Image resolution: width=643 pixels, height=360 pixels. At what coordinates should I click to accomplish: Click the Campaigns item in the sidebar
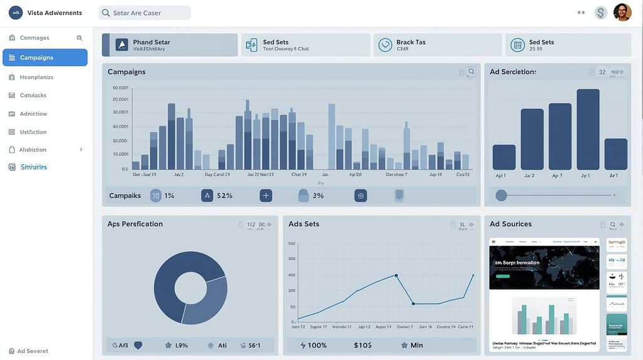tap(45, 57)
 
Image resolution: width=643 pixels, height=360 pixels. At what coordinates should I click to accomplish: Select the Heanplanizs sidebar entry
tap(36, 77)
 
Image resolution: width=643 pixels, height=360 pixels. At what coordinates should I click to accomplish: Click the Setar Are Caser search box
tap(145, 13)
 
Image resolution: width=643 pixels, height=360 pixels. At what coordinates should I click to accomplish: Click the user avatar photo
tap(622, 13)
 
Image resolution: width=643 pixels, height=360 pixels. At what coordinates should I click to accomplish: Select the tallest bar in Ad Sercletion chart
tap(588, 129)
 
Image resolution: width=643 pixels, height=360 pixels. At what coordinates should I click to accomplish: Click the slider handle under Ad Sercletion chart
tap(501, 195)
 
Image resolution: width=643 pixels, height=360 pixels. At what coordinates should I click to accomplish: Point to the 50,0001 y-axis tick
tap(120, 88)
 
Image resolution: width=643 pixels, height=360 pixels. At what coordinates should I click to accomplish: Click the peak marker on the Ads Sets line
tap(396, 275)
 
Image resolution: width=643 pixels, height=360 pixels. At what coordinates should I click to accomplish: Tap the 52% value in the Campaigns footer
tap(224, 195)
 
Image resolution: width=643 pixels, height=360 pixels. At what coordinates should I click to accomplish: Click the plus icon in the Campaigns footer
tap(266, 195)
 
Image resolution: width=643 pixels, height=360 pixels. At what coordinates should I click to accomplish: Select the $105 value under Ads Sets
tap(363, 345)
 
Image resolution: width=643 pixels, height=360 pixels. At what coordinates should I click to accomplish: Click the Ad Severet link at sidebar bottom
tap(32, 351)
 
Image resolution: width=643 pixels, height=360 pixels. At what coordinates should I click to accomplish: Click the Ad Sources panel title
tap(510, 224)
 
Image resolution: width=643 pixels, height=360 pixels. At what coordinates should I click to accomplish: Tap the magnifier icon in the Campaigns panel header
tap(471, 72)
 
